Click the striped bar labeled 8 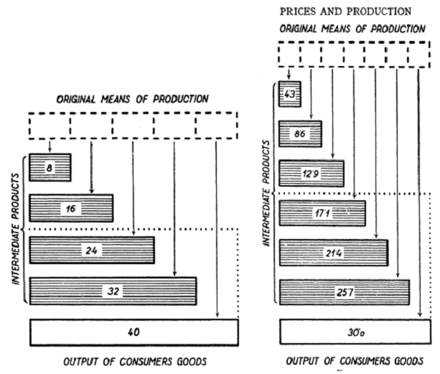pos(49,167)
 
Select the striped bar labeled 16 pos(70,208)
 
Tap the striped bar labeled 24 pos(91,251)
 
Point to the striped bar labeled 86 pos(300,134)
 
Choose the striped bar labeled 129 pos(312,174)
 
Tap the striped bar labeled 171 pos(322,213)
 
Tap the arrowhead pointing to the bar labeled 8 pos(50,149)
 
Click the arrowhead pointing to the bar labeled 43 pos(289,76)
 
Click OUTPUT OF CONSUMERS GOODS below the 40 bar pos(134,360)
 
